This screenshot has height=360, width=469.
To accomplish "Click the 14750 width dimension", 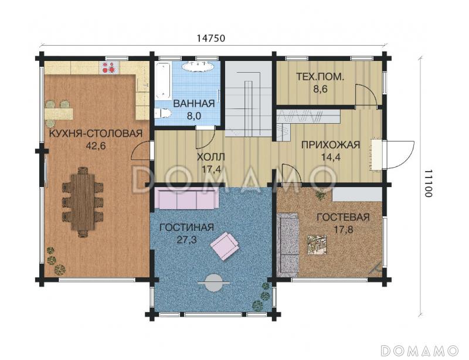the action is click(x=211, y=38).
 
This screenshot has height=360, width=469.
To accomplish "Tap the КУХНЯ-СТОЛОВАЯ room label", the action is click(x=96, y=134).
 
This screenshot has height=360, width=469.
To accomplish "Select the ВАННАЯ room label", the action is click(x=194, y=104).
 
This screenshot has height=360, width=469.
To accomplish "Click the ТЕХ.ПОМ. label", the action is click(x=320, y=77).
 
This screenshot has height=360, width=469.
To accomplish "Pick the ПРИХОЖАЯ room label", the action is click(x=331, y=145).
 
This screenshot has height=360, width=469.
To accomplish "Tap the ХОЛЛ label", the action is click(x=211, y=157).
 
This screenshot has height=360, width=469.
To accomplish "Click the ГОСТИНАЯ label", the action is click(x=186, y=227).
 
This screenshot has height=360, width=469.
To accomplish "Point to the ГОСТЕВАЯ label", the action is click(x=344, y=218).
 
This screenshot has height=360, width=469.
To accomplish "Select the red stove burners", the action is click(x=109, y=67).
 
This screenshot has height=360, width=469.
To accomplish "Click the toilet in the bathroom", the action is click(x=163, y=113).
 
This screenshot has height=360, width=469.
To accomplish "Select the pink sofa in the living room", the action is click(x=186, y=199).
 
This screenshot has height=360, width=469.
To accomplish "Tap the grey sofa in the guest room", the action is click(x=288, y=244).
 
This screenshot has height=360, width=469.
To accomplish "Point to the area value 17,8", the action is click(x=344, y=229).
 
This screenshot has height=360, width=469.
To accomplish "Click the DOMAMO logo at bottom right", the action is click(x=420, y=350).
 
